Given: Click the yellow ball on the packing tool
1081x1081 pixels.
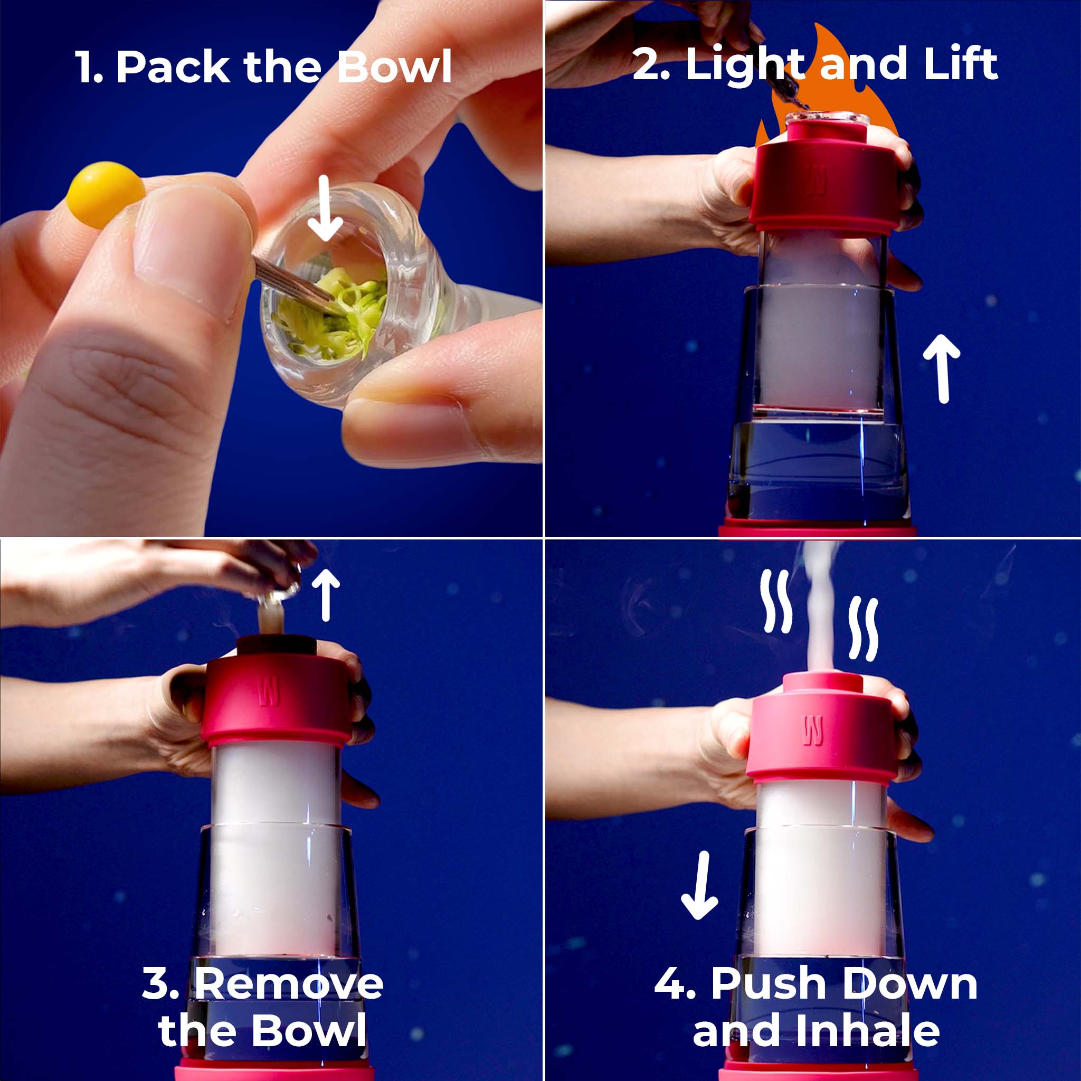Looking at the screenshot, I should click(105, 195).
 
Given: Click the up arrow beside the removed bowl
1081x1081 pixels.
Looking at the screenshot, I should click(326, 594).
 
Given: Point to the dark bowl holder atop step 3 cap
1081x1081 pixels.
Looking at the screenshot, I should click(276, 645).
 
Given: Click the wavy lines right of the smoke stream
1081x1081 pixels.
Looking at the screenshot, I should click(864, 628).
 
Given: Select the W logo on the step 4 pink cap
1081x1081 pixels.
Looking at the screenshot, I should click(812, 731).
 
